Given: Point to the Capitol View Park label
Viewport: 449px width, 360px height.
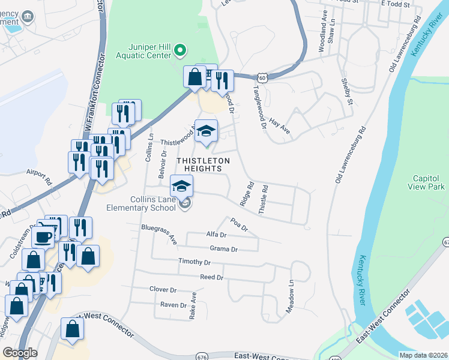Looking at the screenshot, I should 429,182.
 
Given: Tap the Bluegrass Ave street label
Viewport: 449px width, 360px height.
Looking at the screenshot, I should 160,235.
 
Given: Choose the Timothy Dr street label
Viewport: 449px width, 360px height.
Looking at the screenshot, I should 194,262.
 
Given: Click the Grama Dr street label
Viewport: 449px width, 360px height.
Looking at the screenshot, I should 224,249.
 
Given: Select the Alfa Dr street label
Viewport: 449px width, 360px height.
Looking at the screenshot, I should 215,235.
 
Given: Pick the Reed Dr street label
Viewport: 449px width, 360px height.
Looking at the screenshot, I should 211,277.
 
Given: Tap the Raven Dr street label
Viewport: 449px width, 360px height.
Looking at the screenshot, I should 173,305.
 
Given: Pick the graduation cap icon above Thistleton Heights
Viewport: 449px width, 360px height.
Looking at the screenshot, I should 206,131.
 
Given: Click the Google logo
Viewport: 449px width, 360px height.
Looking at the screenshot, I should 20,353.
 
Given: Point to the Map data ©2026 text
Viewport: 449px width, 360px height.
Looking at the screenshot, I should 423,355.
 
